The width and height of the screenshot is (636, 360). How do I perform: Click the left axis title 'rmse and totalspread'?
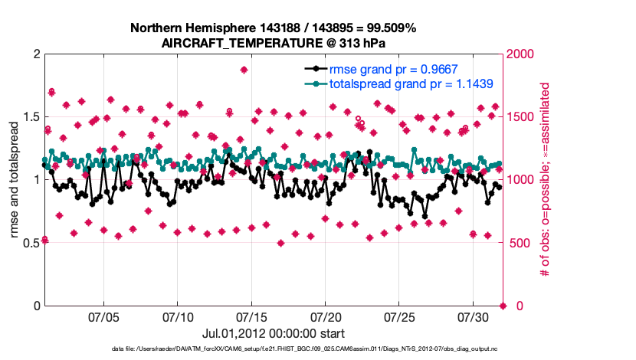(x=15, y=180)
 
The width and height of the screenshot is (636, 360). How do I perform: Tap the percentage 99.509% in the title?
(x=388, y=28)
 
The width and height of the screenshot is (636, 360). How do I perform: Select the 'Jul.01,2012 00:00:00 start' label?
(x=273, y=333)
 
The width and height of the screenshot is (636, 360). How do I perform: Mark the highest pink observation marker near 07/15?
(x=244, y=70)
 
